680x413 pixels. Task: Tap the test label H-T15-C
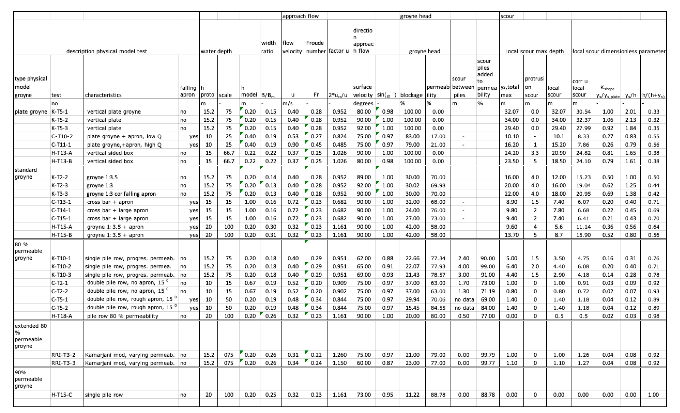point(62,395)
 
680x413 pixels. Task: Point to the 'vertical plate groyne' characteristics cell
point(114,112)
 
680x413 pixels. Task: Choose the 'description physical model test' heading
point(106,51)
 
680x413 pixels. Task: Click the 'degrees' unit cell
point(363,104)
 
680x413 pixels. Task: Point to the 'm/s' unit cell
point(288,104)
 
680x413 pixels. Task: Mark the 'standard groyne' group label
point(26,173)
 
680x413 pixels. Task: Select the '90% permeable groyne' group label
point(28,379)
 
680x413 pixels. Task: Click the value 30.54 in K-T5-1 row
point(583,112)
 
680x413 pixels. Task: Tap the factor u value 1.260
point(339,355)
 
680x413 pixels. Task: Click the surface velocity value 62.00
point(364,258)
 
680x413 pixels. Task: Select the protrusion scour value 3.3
point(535,153)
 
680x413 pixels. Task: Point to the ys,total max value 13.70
point(512,235)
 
